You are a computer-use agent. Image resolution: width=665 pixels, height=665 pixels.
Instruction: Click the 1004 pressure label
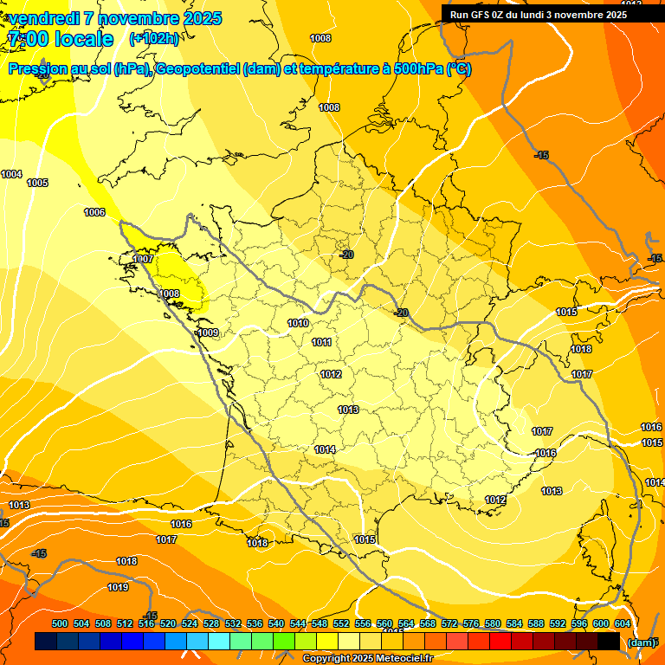point(11,174)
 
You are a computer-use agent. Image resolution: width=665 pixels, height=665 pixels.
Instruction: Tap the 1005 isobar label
point(37,183)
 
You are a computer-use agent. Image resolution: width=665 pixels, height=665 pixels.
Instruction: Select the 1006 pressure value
point(94,212)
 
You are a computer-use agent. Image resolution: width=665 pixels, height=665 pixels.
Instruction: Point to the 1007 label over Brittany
point(144,259)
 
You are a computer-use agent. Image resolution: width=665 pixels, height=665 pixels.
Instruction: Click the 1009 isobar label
point(208,332)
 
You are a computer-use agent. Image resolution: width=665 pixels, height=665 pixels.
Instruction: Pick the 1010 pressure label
point(298,323)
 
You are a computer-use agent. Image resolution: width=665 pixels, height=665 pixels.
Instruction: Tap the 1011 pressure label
point(322,342)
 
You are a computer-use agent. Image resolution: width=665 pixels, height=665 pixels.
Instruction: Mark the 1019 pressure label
point(118,587)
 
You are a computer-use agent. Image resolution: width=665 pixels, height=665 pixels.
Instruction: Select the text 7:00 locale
point(61,39)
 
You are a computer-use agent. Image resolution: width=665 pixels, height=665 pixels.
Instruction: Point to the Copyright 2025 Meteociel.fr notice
point(366,658)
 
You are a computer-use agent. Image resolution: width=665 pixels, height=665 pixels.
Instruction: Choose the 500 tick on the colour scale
point(60,623)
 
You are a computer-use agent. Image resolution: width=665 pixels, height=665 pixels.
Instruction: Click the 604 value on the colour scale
point(622,623)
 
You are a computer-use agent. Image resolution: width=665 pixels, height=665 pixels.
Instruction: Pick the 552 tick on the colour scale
point(341,623)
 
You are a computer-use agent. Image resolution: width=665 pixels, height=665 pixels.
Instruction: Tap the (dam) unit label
point(641,642)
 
